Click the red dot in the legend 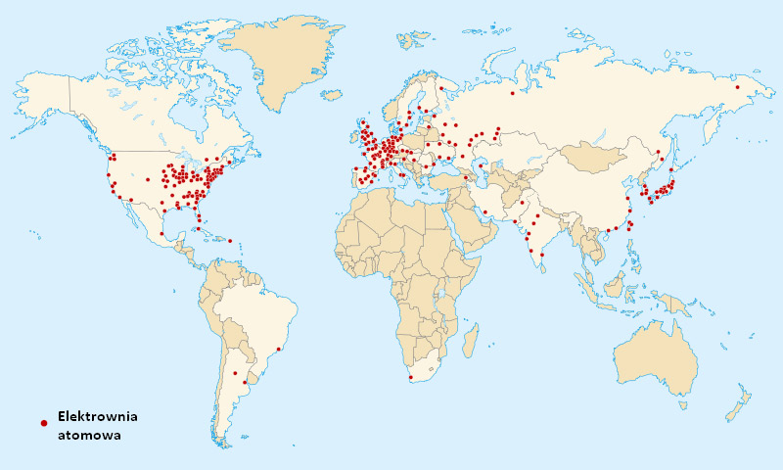[x=43, y=422]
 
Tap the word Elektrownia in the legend [x=98, y=416]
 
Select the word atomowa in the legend [x=89, y=436]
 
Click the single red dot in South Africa [x=411, y=378]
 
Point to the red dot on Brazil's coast [x=280, y=348]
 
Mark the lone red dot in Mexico [x=161, y=233]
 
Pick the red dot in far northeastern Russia [x=737, y=87]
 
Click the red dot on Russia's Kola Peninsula [x=441, y=89]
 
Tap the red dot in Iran [x=484, y=211]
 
